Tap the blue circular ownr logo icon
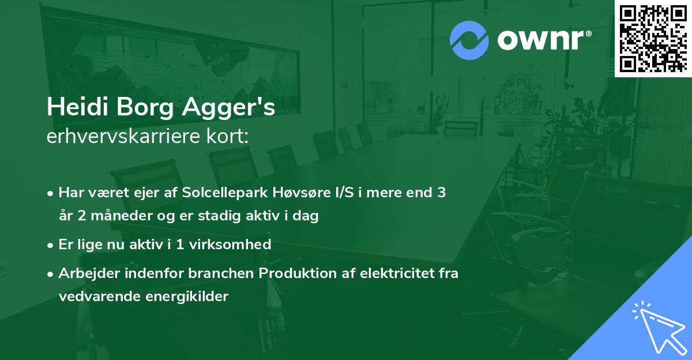pyautogui.click(x=469, y=40)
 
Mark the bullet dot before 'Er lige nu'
pyautogui.click(x=52, y=245)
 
